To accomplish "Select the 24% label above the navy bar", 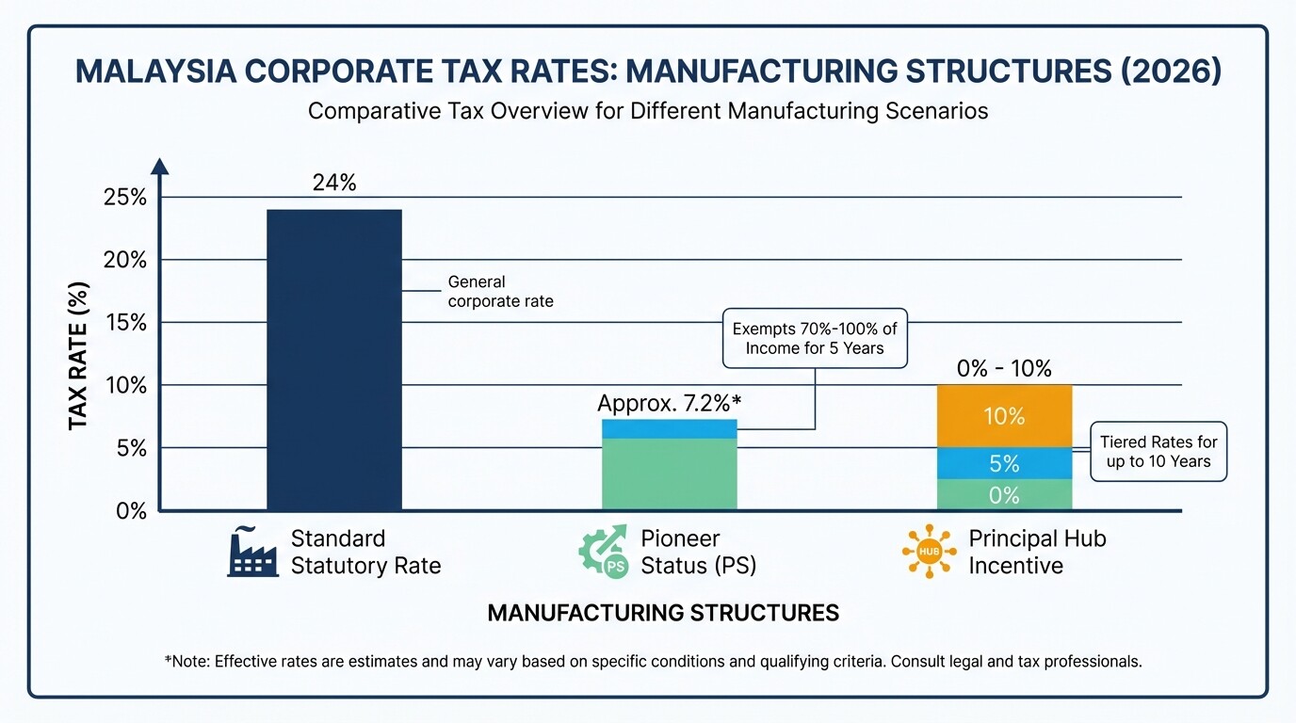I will click(334, 183).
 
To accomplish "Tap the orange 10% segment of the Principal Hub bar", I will click(1004, 416).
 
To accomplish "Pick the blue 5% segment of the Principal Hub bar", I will click(1004, 463).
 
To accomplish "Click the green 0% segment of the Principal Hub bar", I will click(1004, 495).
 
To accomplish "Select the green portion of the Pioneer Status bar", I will click(669, 474).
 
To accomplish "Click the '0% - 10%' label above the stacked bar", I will click(1004, 369).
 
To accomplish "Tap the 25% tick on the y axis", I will click(125, 198).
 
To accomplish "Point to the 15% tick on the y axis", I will click(125, 323).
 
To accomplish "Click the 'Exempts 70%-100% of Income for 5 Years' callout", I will click(815, 338).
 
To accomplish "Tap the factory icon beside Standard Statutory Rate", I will click(252, 552).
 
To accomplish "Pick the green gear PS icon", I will click(603, 552).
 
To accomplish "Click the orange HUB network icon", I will click(929, 552).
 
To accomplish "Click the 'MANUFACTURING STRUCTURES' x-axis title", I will click(663, 614).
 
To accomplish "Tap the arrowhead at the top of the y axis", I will click(160, 167).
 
